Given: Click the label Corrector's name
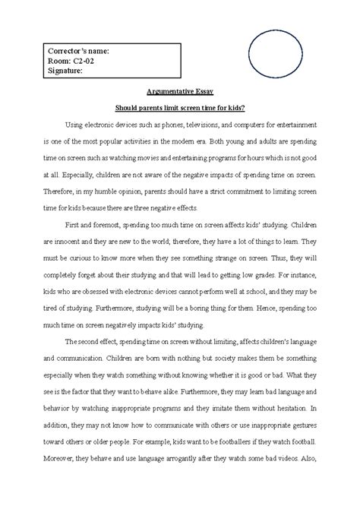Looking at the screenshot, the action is pyautogui.click(x=75, y=50).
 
